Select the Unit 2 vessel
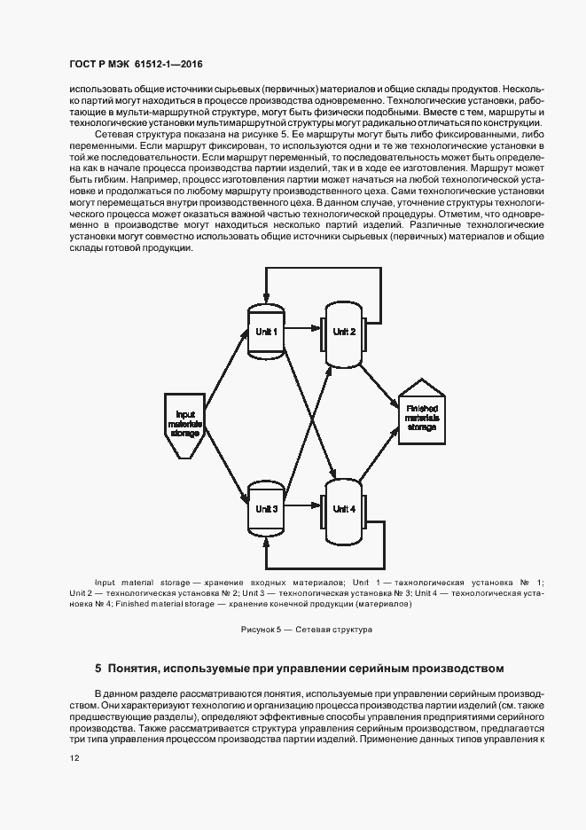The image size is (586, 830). click(x=343, y=332)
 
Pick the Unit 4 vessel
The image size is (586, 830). click(x=343, y=509)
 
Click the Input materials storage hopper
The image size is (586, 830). click(x=186, y=424)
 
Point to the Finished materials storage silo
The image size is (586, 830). click(x=421, y=415)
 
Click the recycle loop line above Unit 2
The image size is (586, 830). click(x=324, y=268)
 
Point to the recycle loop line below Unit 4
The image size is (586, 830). click(x=324, y=566)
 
